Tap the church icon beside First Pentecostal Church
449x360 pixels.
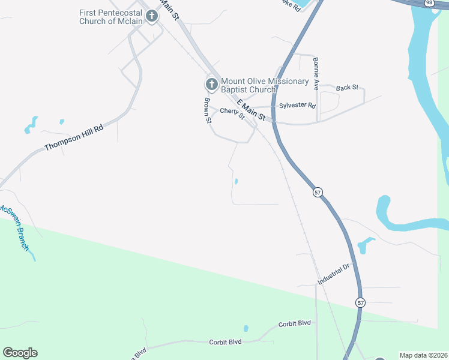(152, 16)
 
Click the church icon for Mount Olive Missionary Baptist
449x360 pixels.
(211, 85)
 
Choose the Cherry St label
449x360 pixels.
(232, 113)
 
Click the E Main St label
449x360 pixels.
(251, 111)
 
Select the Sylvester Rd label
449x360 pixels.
(297, 106)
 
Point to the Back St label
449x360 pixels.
(347, 88)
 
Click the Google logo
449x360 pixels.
(20, 353)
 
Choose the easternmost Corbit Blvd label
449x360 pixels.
(294, 323)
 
